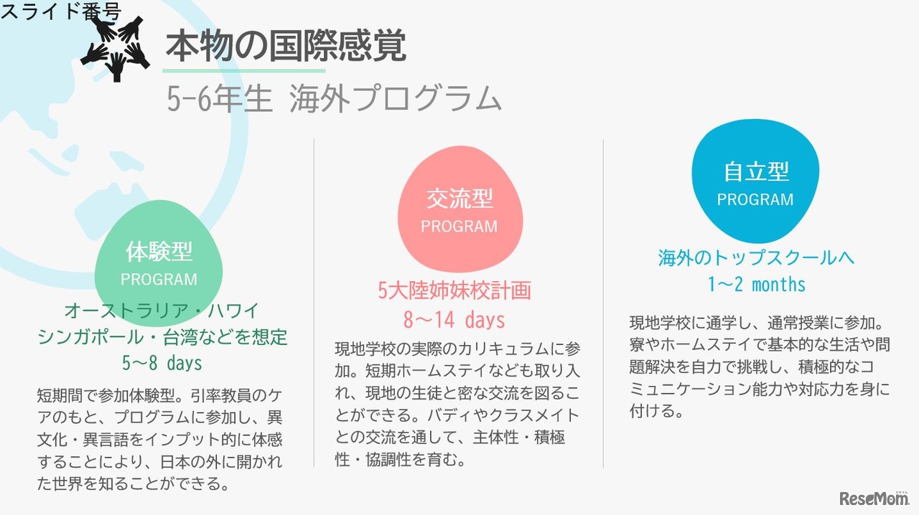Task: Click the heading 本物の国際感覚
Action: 286,47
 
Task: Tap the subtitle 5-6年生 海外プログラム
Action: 333,99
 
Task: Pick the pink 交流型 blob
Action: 459,208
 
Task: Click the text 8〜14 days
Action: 454,319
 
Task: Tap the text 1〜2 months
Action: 756,284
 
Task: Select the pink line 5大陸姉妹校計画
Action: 454,290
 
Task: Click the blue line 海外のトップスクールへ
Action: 756,257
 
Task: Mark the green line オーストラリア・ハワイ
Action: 162,311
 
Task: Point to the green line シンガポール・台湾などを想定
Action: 162,336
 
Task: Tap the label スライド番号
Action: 61,11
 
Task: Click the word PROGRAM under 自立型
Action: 755,199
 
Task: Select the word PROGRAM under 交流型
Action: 459,227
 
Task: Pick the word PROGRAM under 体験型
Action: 159,279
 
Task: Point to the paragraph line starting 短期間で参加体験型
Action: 161,394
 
